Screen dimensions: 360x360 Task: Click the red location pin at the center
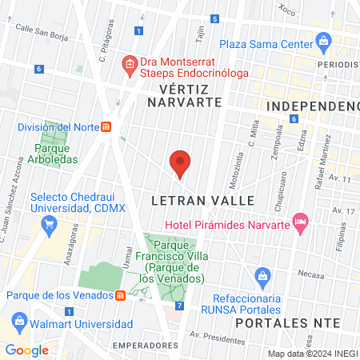(181, 162)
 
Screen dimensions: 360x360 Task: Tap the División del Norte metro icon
(118, 126)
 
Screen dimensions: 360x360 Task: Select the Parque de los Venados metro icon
(120, 295)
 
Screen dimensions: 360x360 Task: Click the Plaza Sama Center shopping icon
(323, 41)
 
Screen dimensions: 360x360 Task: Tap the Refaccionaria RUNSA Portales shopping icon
(261, 277)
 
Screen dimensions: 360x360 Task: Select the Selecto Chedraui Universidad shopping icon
(20, 198)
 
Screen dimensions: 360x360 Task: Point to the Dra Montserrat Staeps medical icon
(128, 62)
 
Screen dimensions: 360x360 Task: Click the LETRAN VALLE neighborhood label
(202, 199)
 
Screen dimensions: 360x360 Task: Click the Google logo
(27, 350)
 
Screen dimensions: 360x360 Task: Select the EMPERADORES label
(144, 345)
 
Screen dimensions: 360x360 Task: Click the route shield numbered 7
(179, 306)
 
